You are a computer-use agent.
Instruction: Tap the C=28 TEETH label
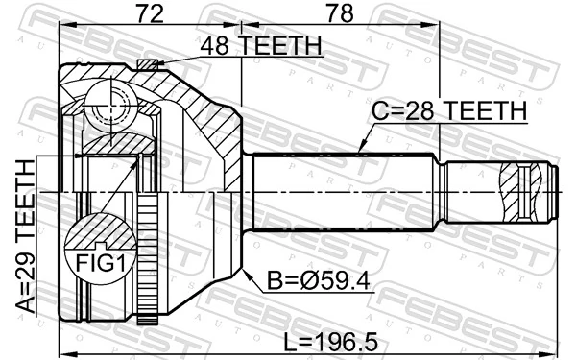click(449, 112)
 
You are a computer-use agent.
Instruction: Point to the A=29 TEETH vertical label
click(24, 235)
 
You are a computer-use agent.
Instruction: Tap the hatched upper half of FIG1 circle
click(97, 232)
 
